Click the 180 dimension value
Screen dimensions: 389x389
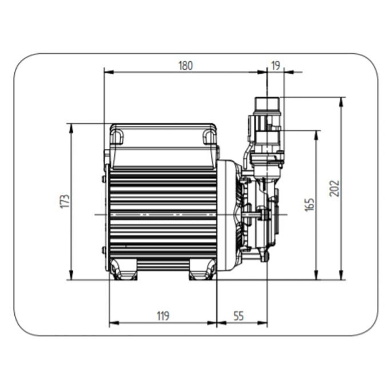click(185, 66)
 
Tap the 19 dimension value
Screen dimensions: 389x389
click(275, 66)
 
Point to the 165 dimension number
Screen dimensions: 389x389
click(309, 205)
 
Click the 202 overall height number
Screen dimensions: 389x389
click(334, 189)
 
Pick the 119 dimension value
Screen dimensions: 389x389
click(163, 316)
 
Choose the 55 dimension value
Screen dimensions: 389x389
click(239, 316)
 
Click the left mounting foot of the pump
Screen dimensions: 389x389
click(124, 269)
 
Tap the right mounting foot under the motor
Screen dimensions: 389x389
click(203, 269)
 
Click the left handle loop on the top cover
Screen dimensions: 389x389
click(117, 137)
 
